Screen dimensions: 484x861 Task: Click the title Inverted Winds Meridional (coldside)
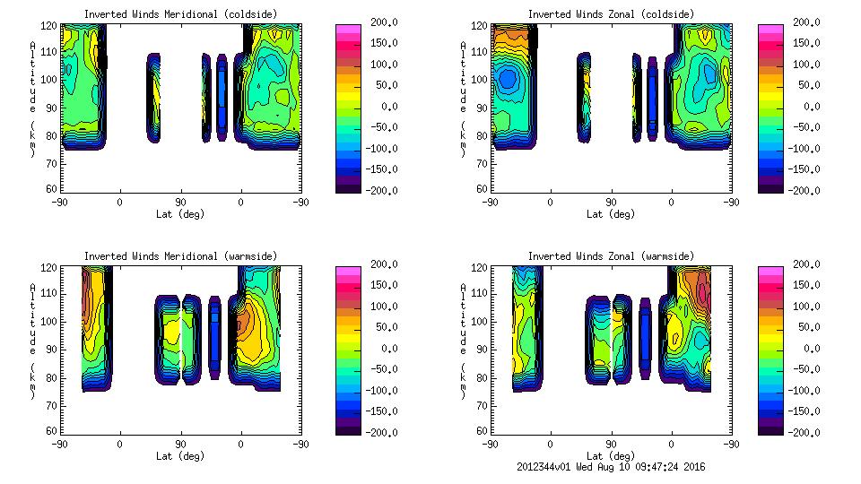pos(181,14)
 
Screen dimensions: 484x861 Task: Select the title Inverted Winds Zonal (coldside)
pos(611,14)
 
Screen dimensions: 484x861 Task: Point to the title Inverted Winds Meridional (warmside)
pos(181,256)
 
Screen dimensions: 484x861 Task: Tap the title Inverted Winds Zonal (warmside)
pos(611,256)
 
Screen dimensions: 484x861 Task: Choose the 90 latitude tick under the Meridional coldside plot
pos(180,203)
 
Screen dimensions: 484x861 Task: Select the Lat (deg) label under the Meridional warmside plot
pos(180,456)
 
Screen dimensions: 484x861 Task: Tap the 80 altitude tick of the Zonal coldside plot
pos(483,136)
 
